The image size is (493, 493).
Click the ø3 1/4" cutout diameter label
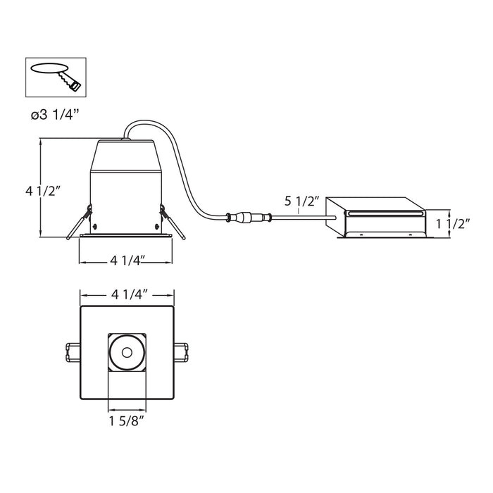point(54,115)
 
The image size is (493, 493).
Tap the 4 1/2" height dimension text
point(43,191)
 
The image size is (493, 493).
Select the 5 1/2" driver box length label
point(302,201)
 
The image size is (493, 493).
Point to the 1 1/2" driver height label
point(453,224)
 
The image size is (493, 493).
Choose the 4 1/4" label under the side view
point(127,260)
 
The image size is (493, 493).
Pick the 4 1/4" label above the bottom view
point(129,294)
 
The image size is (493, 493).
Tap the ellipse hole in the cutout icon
point(49,68)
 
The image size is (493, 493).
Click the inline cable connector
point(249,217)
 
